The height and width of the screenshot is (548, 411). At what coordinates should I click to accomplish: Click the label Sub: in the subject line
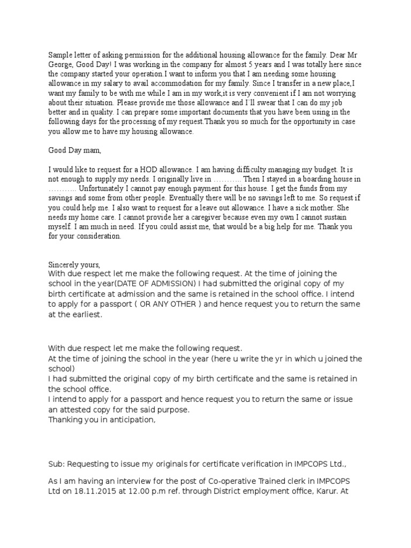57,463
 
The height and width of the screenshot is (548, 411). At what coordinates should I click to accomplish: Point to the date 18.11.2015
89,488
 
